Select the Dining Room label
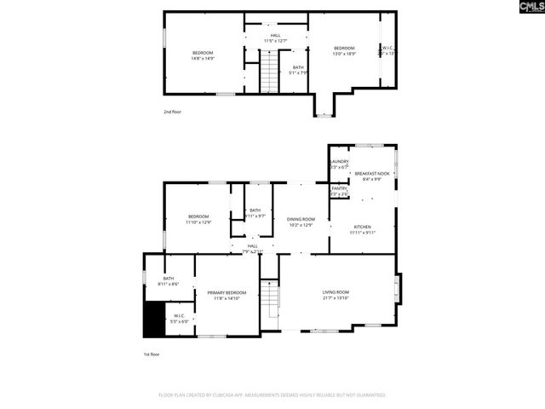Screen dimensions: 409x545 [x=301, y=222]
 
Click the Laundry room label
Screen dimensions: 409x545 [x=339, y=164]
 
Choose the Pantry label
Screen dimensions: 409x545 [x=339, y=190]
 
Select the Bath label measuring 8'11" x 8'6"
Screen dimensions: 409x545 [x=169, y=280]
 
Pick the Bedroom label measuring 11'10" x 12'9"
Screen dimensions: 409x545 [x=198, y=218]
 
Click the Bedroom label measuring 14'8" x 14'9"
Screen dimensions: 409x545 [x=203, y=55]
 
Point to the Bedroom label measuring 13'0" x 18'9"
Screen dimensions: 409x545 [x=344, y=49]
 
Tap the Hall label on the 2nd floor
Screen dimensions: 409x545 [x=275, y=37]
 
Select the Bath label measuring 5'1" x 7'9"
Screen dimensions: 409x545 [x=298, y=70]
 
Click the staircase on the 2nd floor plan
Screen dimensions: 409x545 [x=269, y=72]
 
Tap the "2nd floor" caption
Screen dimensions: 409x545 [x=173, y=112]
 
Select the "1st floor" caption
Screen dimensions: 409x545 [x=151, y=354]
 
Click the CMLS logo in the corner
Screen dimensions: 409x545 [x=521, y=9]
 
